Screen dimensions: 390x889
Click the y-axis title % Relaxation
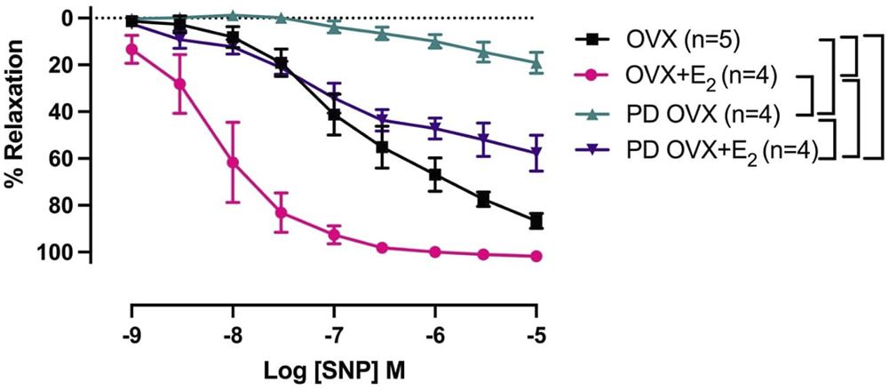[15, 133]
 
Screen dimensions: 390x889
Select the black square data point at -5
[536, 220]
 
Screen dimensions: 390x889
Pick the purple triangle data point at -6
[435, 129]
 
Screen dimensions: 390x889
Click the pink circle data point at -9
[131, 49]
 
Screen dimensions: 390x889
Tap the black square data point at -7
[334, 115]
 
